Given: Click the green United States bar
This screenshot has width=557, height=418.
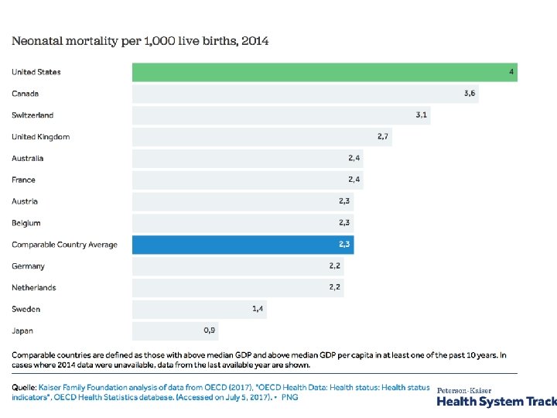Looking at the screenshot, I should point(325,72).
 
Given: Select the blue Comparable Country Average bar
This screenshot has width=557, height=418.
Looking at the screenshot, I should point(243,245).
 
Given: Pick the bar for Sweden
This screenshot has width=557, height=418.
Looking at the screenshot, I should point(200,309).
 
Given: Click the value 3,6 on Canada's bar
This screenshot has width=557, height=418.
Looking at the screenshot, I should point(470,94).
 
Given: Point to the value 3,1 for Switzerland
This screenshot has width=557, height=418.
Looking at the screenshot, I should point(422,115).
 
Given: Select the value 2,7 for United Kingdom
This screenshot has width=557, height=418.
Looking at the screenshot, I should point(384,136).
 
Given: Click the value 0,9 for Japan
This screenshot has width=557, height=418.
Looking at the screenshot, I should point(210,331).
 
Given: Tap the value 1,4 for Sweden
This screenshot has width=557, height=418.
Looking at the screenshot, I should point(258,309).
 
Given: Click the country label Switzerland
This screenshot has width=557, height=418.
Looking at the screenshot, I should point(32,115).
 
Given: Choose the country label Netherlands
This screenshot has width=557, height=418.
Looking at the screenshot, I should point(33,288).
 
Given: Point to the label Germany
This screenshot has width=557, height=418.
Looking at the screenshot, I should point(28,266).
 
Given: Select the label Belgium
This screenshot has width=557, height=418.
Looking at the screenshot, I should point(26,223).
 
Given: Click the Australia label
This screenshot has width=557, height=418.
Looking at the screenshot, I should point(28,159).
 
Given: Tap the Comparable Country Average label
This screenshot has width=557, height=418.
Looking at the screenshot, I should point(64,245).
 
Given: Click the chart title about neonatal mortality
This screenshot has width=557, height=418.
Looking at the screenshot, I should point(140,40).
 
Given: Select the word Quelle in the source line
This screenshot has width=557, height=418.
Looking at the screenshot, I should point(26,387).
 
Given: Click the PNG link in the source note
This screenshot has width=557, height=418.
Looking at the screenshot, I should point(289,397).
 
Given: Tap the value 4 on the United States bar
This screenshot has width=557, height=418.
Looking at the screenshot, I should point(511,72).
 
